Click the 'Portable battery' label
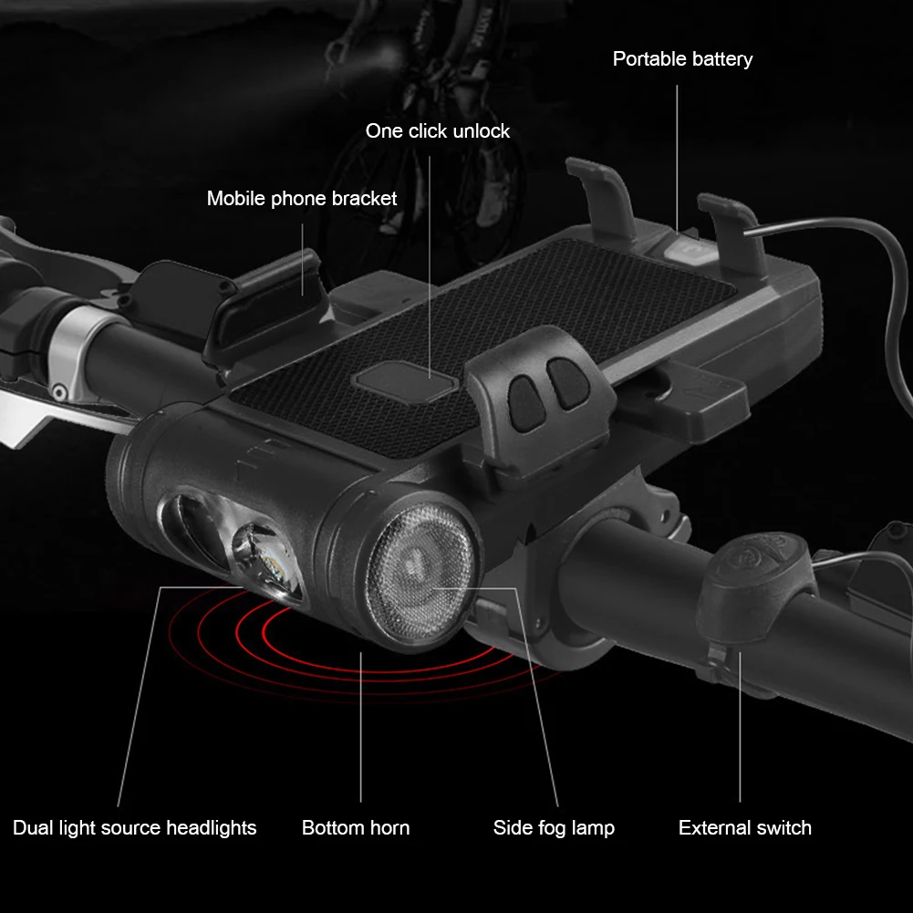click(x=682, y=59)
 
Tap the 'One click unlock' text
click(x=437, y=131)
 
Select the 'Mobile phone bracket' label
click(x=302, y=199)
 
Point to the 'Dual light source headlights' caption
click(x=134, y=828)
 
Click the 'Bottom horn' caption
click(x=356, y=828)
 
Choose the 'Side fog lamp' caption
click(x=554, y=828)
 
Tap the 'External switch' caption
click(x=745, y=828)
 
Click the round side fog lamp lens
click(x=420, y=573)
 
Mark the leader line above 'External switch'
click(x=740, y=727)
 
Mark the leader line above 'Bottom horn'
click(x=360, y=727)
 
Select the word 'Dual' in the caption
click(x=32, y=828)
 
